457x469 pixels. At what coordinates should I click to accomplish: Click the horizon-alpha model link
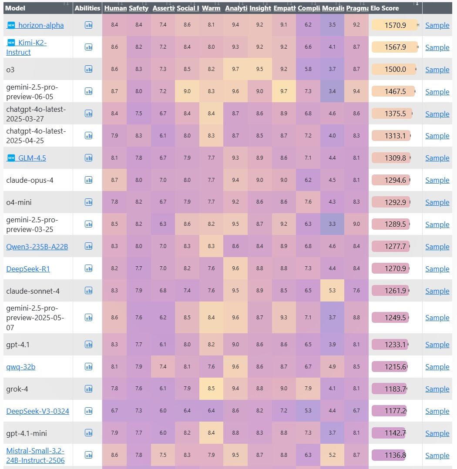point(41,25)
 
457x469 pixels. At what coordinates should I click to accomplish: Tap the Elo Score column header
point(385,8)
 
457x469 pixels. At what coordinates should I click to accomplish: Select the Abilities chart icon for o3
point(88,69)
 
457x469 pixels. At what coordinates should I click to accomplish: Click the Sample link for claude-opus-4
point(437,180)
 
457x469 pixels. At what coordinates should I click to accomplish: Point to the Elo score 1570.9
point(395,25)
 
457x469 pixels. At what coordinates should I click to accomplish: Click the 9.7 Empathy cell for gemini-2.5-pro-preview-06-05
point(284,91)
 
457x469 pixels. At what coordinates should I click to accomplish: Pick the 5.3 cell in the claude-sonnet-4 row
point(332,291)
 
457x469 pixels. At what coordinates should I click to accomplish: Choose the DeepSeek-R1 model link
point(28,269)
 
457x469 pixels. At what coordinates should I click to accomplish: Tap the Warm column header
point(211,8)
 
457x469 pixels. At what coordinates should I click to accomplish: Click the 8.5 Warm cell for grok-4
point(211,389)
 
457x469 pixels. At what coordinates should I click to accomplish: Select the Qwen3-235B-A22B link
point(37,247)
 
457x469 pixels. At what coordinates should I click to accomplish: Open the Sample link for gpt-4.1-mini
point(437,433)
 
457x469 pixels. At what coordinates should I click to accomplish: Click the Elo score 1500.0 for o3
point(395,70)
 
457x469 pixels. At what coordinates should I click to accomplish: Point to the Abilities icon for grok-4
point(88,389)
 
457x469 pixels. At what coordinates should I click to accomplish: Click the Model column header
point(15,8)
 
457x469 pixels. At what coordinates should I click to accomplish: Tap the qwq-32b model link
point(21,367)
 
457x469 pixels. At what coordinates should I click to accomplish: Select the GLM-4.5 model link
point(32,158)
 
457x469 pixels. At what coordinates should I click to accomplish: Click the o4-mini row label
point(19,202)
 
